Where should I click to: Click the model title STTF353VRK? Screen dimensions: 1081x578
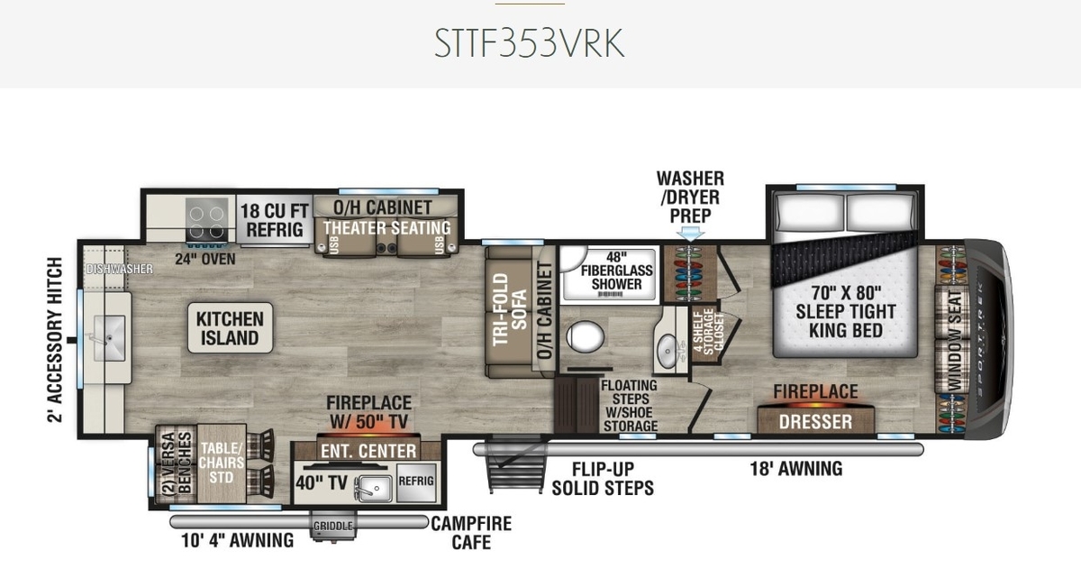530,43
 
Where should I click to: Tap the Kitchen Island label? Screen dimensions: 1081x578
231,328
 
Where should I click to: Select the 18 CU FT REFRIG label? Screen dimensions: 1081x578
275,220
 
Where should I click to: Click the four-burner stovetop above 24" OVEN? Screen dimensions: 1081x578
207,219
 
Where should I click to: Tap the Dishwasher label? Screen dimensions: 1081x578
120,269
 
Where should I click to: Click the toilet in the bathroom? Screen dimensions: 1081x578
585,336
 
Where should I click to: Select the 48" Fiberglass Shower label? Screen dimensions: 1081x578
617,271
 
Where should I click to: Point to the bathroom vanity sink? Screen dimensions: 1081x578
668,345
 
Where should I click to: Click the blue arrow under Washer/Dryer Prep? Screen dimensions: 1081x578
691,234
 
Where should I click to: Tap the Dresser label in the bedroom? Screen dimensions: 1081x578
815,422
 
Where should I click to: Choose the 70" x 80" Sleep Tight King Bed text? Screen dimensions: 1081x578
846,312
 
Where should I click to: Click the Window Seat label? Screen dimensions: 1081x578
956,342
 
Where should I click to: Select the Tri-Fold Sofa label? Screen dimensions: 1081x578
510,309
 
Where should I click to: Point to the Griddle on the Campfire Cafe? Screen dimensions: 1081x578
333,526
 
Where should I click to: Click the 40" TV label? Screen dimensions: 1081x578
322,482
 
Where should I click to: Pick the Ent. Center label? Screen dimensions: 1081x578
368,451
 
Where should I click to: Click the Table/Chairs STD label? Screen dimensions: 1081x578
222,463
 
